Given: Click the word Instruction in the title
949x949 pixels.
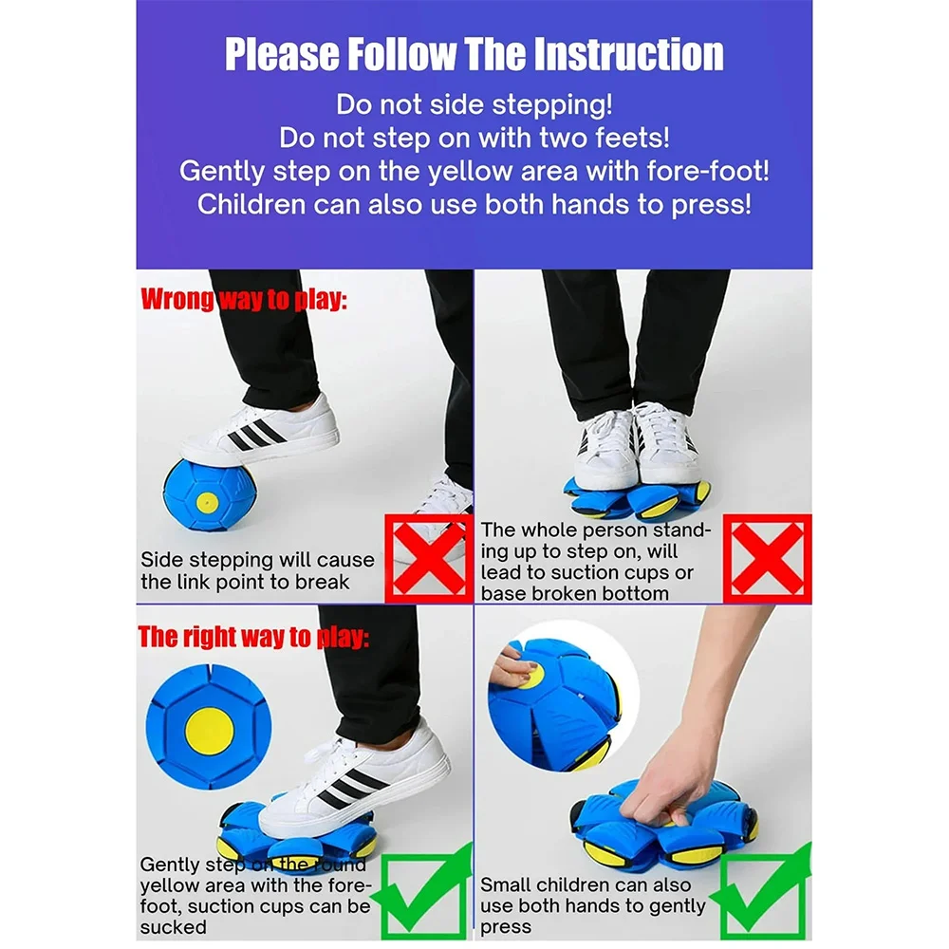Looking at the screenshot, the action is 628,54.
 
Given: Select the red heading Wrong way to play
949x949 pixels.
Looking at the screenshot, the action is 244,300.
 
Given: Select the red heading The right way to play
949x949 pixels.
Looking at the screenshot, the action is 253,638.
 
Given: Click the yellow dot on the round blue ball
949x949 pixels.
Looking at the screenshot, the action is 207,502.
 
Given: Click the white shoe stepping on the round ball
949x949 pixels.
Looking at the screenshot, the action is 260,431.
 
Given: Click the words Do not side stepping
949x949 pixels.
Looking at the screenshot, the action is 474,104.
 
